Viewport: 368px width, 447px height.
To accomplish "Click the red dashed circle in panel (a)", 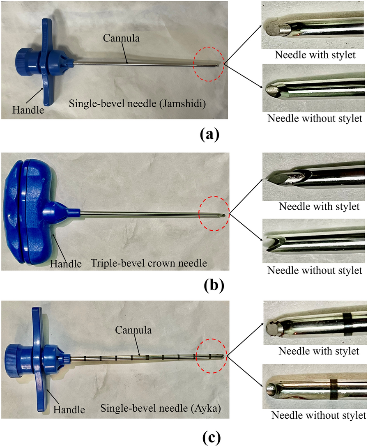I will coord(209,63).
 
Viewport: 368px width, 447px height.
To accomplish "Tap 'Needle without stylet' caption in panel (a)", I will coord(315,119).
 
